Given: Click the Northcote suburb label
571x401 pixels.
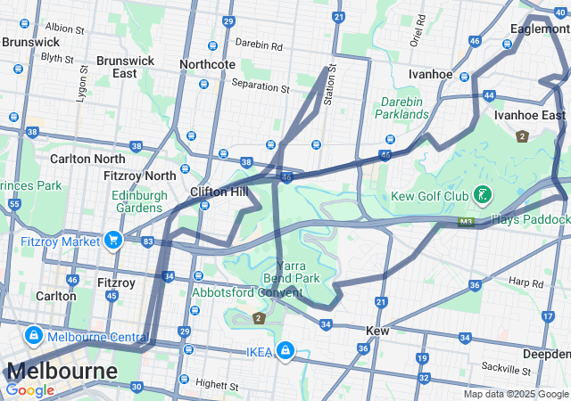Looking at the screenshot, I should (207, 64).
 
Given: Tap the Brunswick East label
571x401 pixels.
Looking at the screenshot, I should (125, 67).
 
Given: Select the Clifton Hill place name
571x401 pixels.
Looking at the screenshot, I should (219, 191).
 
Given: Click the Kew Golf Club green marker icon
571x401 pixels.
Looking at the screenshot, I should (482, 193).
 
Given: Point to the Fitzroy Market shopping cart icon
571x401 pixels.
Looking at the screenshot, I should (112, 240).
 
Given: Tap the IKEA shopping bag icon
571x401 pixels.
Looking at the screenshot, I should (285, 351).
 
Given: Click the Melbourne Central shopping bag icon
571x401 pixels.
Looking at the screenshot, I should (33, 336).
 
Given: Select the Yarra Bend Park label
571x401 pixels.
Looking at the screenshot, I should (291, 272).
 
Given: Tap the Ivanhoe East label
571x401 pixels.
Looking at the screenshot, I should (530, 116).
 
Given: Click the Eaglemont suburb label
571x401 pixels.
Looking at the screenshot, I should (540, 29).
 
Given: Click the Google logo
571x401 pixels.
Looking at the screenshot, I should (29, 389).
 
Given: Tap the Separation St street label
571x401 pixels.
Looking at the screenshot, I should (261, 88).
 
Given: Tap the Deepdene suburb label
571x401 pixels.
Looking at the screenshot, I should (546, 353).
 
